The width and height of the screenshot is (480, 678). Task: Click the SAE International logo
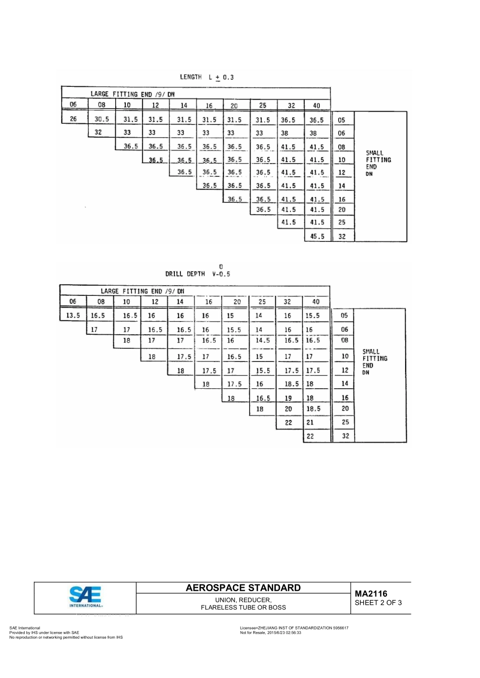click(x=86, y=596)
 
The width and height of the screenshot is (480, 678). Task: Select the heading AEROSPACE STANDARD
click(x=243, y=588)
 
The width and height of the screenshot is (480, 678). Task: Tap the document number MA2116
click(x=371, y=594)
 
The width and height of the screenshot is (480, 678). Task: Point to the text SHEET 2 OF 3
click(x=378, y=603)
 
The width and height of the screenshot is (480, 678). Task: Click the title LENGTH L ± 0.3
click(x=207, y=77)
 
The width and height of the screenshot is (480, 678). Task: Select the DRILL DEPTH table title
click(x=198, y=273)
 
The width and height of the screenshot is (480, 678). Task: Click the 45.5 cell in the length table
click(x=317, y=236)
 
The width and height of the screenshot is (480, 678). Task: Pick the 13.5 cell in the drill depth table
click(x=73, y=316)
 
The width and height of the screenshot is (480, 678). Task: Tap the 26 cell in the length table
click(x=73, y=119)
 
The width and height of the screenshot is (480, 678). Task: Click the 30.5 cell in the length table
click(x=102, y=120)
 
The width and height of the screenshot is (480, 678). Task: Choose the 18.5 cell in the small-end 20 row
click(x=313, y=409)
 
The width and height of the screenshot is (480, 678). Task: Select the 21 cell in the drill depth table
click(x=310, y=423)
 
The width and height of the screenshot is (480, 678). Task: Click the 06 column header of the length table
click(x=73, y=105)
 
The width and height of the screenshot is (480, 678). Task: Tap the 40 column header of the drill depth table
click(x=316, y=302)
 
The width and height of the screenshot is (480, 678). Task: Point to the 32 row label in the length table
click(x=342, y=236)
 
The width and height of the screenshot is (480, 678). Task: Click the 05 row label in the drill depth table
click(x=344, y=316)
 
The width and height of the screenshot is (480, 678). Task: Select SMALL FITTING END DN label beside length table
click(x=378, y=163)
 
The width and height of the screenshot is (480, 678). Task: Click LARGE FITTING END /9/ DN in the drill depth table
click(x=142, y=291)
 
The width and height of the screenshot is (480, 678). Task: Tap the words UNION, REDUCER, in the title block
click(x=243, y=600)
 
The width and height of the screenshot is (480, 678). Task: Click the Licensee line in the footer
click(x=294, y=628)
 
